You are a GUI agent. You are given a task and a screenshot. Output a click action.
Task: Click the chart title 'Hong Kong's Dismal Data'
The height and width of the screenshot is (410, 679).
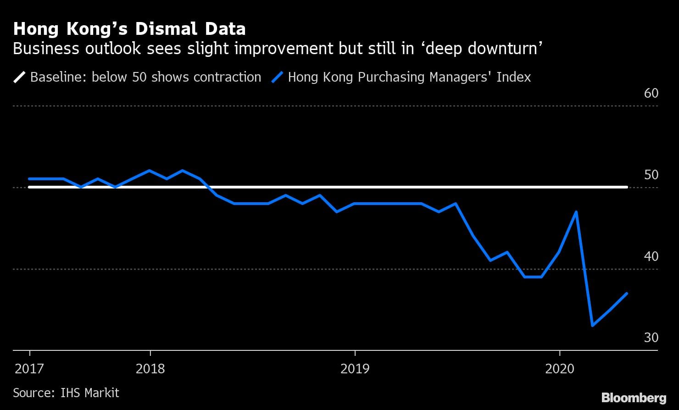click(129, 29)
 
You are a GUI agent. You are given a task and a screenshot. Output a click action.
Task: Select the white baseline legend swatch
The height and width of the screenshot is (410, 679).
click(20, 77)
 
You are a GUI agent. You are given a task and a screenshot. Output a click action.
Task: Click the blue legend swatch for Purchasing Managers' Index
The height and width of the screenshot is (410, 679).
click(278, 77)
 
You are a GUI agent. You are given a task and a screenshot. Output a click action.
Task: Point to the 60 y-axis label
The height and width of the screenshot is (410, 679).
click(651, 93)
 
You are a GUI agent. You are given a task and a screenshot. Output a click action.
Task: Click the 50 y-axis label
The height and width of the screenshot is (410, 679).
click(651, 175)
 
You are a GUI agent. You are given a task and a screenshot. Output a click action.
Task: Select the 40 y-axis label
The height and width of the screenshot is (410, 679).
click(651, 256)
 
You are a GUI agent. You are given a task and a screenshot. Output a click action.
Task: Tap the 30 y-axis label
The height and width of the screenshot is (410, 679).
click(651, 338)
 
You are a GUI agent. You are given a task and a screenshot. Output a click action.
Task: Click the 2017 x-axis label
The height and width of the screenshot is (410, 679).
click(29, 369)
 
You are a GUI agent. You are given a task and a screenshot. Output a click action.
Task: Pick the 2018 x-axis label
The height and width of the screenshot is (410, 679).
click(150, 369)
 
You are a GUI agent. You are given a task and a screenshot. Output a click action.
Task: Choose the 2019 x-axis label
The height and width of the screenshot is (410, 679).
click(355, 369)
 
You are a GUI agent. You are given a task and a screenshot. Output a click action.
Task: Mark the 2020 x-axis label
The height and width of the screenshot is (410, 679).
click(559, 369)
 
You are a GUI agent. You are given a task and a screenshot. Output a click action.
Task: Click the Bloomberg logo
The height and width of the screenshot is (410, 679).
click(634, 397)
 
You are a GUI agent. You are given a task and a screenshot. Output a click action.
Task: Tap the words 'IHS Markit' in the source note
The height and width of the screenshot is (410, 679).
click(90, 393)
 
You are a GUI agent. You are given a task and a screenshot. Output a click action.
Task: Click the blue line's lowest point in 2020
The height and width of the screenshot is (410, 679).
click(593, 326)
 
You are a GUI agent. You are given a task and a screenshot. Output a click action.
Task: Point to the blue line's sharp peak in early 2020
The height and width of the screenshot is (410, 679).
click(576, 212)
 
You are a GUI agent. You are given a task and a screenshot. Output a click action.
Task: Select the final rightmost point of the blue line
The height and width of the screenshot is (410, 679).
click(627, 293)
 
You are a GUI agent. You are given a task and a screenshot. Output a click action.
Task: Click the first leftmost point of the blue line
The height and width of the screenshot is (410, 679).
click(29, 179)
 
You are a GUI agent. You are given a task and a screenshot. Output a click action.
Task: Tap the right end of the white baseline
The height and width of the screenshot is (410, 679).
click(627, 187)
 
